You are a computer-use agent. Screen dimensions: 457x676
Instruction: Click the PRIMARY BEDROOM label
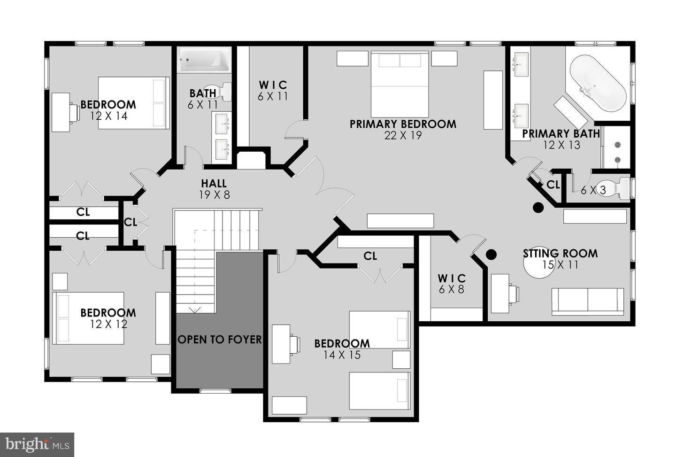[403, 124]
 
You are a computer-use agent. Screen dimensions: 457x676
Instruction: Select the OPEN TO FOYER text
[220, 339]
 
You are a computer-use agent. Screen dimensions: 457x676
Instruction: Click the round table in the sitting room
[538, 265]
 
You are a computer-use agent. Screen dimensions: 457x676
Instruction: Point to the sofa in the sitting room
[588, 302]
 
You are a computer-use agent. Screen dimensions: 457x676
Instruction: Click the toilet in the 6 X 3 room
[616, 188]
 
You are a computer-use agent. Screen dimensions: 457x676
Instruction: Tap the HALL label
[214, 184]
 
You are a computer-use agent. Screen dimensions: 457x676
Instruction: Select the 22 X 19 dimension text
[403, 136]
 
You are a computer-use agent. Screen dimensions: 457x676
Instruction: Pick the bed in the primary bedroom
[400, 84]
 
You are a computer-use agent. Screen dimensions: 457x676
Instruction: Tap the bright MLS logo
[37, 444]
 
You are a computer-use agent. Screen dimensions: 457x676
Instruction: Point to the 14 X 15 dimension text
[342, 355]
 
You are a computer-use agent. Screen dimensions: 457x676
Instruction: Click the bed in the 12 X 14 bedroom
[133, 103]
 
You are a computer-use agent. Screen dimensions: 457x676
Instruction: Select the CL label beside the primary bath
[553, 185]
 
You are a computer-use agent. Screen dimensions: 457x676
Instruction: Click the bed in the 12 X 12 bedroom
[88, 318]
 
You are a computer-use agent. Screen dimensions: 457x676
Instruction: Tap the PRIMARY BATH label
[561, 134]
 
